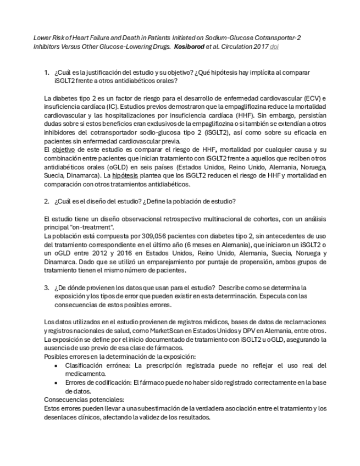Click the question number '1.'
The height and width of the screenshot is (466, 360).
[x=47, y=73]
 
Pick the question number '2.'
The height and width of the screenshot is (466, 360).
[x=47, y=201]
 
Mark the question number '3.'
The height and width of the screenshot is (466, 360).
[x=47, y=287]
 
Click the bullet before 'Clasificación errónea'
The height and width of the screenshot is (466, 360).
[x=57, y=365]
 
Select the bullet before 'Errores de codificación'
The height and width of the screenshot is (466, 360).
[x=57, y=383]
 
